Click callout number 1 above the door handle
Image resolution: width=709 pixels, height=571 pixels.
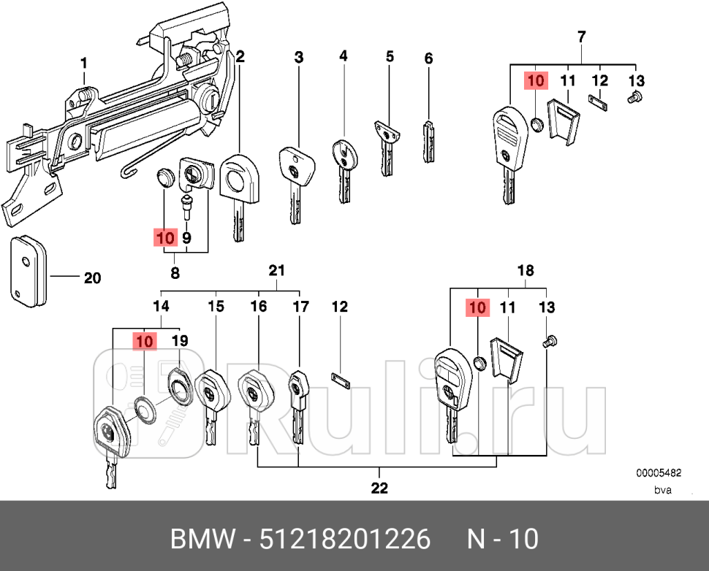83,64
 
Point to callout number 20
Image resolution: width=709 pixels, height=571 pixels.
92,278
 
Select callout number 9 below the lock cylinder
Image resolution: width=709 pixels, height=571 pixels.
186,237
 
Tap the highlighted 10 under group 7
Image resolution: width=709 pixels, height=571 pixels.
536,80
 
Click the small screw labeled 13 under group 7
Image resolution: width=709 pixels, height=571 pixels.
634,96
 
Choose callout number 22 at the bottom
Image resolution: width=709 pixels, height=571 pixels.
379,487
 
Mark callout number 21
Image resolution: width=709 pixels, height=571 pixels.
276,271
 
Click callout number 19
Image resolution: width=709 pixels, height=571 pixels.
179,340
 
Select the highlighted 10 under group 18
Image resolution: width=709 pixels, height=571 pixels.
477,308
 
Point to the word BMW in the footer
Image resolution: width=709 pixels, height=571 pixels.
203,539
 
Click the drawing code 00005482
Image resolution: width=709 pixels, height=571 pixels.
657,472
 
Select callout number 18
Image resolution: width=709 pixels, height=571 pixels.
525,271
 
